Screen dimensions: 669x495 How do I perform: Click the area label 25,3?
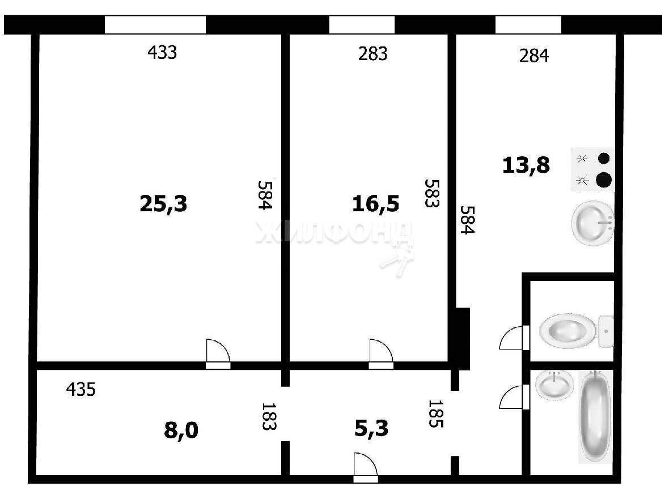[x=163, y=204]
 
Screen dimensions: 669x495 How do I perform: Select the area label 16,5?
[x=375, y=204]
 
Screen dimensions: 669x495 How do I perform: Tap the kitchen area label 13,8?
[x=526, y=165]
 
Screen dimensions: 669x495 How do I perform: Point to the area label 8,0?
[x=181, y=430]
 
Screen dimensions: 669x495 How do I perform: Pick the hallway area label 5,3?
[x=371, y=428]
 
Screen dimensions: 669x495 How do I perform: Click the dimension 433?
[x=162, y=53]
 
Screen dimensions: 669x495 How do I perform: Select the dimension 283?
[x=373, y=54]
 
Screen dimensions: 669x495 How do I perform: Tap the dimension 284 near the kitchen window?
[x=533, y=56]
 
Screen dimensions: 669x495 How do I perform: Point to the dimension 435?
[x=81, y=389]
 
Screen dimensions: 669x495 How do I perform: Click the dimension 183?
[x=268, y=416]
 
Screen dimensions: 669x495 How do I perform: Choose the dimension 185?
[x=435, y=413]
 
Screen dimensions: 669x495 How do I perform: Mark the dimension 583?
[x=431, y=193]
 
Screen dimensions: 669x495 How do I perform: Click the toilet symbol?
[x=577, y=331]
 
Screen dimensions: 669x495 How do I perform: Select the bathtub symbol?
[x=595, y=416]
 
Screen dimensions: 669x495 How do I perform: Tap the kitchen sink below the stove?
[x=592, y=223]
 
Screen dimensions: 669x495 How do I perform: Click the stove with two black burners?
[x=593, y=169]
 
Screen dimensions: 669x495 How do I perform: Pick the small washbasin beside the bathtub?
[x=554, y=385]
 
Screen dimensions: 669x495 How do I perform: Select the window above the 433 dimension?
[x=155, y=25]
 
